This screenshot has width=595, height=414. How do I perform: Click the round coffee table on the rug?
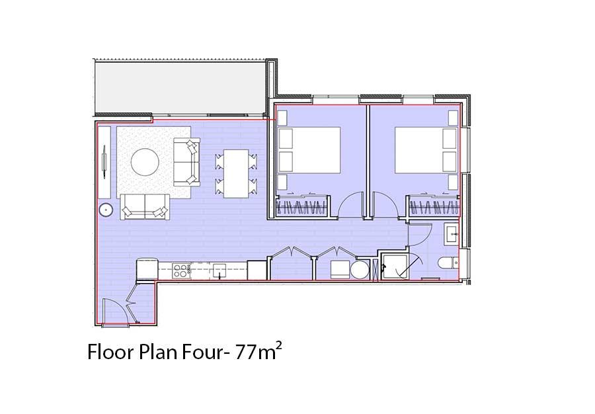145,162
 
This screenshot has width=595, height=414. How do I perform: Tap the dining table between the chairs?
236,173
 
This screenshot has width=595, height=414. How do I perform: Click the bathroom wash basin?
452,234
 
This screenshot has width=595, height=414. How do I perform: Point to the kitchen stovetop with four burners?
181,270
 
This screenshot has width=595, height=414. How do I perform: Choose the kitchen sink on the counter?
219,271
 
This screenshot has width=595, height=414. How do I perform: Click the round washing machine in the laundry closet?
360,270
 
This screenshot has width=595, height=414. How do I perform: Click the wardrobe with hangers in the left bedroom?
301,206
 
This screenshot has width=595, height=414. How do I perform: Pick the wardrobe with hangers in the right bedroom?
434,206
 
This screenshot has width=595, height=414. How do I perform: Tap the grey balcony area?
180,88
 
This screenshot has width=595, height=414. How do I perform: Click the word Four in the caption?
201,352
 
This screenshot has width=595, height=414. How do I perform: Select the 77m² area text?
258,351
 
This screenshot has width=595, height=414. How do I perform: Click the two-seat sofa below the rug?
145,206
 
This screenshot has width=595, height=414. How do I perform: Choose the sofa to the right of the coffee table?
186,162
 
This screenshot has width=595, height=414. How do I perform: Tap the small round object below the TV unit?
106,210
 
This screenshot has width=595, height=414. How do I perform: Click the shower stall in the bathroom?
395,267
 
